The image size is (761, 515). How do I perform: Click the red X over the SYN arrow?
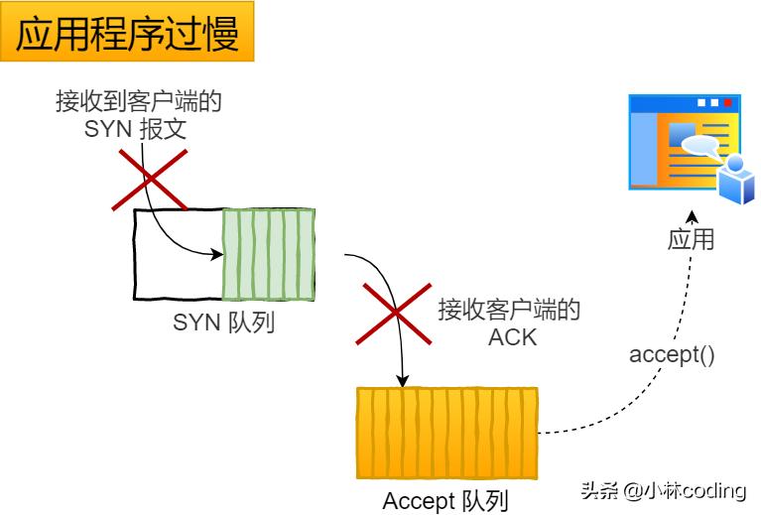tap(149, 179)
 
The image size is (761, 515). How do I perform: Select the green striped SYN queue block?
tap(268, 254)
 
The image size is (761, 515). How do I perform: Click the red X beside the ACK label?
tap(394, 313)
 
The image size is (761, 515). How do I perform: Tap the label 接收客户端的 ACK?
tap(509, 323)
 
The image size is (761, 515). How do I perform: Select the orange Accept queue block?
tap(446, 435)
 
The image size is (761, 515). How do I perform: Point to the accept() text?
tap(672, 354)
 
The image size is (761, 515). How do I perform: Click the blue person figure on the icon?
tap(736, 180)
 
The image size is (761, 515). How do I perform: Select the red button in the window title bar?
tap(728, 102)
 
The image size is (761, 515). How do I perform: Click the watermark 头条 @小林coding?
tap(663, 489)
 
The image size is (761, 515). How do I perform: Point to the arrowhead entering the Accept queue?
tap(403, 380)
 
